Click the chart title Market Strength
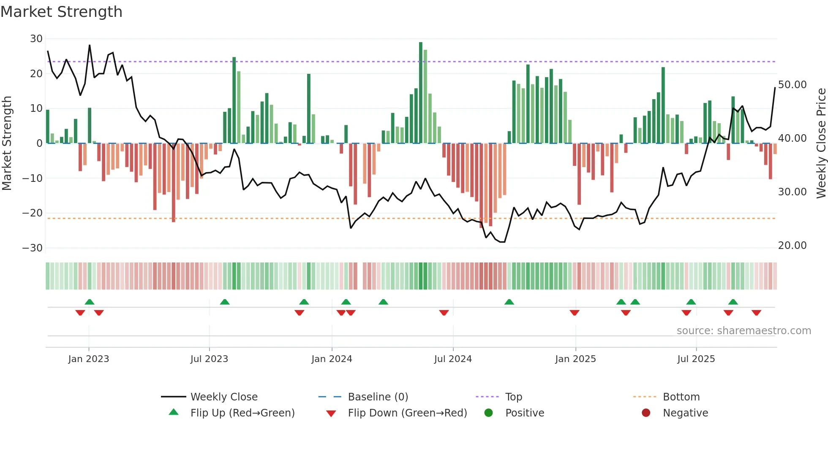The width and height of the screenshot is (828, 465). [61, 12]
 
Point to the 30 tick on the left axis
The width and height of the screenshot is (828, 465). [36, 39]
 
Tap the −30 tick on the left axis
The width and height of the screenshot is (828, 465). [33, 248]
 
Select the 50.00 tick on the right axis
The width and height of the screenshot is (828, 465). [792, 85]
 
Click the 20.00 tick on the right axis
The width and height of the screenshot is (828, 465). [792, 246]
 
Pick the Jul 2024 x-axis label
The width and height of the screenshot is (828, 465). [453, 359]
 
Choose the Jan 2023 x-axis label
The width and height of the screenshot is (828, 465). [89, 359]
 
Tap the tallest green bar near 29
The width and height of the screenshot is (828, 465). [421, 93]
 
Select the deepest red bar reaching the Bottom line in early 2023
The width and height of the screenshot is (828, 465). [174, 182]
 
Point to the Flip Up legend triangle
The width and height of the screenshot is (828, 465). [174, 412]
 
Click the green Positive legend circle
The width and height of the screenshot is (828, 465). [489, 413]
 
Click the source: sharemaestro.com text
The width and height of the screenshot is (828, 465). [744, 331]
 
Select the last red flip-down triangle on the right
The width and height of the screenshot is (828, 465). [756, 313]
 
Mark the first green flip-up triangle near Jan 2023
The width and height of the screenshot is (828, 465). [90, 302]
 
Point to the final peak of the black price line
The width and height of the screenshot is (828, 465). [775, 88]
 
